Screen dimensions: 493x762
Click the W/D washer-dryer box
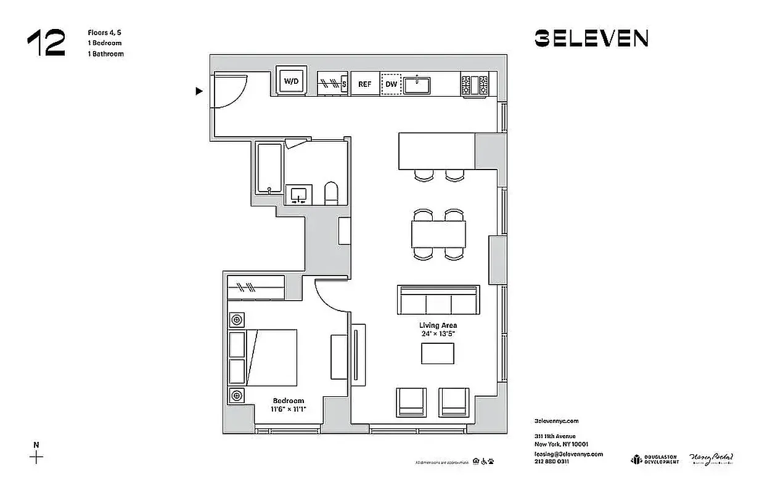[x=290, y=80]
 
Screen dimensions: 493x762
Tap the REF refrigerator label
[x=365, y=84]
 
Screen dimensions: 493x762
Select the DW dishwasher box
[x=391, y=84]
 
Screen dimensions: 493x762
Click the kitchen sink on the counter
[x=417, y=84]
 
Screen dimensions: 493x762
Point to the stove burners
[x=474, y=84]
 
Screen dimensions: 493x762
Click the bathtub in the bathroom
[x=268, y=168]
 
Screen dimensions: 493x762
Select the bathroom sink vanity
[x=299, y=194]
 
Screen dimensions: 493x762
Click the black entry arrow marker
[x=199, y=91]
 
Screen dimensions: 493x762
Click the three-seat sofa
[x=438, y=301]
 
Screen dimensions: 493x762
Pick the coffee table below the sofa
[x=438, y=353]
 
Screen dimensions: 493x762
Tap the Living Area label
[x=438, y=325]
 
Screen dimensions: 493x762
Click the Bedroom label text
[x=288, y=401]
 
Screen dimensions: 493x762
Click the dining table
[x=438, y=234]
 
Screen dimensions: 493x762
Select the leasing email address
[x=568, y=454]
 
